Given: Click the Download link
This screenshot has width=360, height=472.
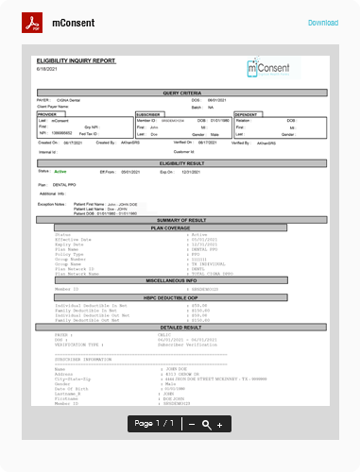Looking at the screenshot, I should [322, 23].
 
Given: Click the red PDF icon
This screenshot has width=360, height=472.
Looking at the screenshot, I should [33, 23].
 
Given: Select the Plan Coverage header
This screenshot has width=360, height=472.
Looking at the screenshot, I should [180, 228].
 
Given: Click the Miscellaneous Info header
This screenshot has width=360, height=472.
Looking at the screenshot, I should [180, 280].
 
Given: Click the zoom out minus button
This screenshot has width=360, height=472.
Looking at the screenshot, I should [192, 425].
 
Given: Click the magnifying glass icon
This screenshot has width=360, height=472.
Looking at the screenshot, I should [206, 425].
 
